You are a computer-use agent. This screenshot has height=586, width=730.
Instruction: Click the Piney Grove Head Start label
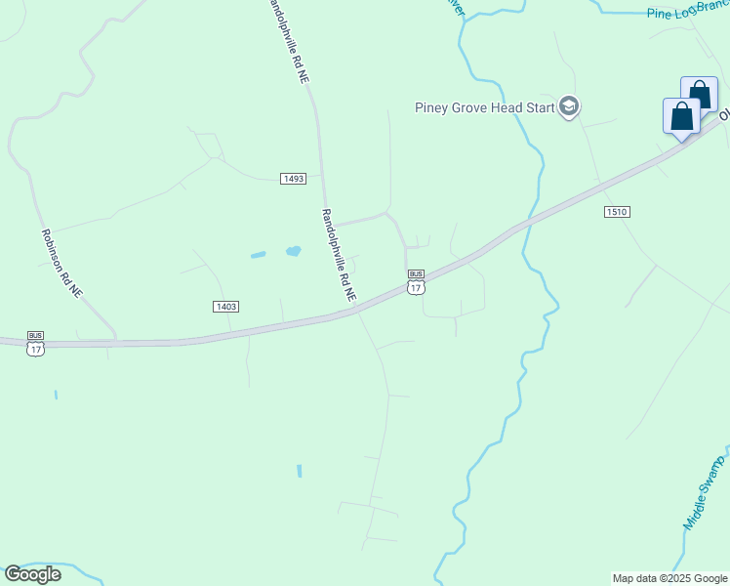pos(484,107)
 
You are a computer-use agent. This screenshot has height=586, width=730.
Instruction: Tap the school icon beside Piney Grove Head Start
pos(569,106)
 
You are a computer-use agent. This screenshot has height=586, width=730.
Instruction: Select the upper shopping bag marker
pos(699,94)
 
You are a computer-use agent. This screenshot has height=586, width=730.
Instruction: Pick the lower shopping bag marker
pos(681,115)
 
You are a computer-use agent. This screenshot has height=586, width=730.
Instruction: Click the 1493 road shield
pos(293,179)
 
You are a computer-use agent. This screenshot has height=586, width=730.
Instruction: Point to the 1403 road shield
pos(225,307)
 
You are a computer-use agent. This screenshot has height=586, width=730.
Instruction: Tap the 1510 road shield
pos(616,211)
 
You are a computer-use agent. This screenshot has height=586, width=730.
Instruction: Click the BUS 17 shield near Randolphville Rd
pos(416,282)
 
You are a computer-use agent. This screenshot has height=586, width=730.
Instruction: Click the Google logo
pos(32,574)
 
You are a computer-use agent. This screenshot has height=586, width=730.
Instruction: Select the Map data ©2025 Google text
pos(669,578)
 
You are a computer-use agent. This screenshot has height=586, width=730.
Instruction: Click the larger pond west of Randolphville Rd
pos(293,251)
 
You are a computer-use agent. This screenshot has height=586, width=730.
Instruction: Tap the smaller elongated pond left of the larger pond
pos(258,255)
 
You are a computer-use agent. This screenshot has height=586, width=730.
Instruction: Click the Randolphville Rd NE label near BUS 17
pos(339,254)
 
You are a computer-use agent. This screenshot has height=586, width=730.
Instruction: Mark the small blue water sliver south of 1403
pos(299,471)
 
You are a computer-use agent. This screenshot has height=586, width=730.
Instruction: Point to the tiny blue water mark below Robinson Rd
pos(56,395)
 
